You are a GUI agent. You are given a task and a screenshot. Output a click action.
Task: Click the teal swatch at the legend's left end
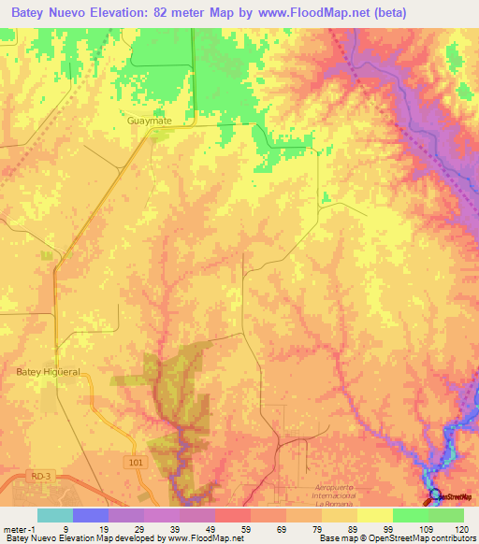pos(55,515)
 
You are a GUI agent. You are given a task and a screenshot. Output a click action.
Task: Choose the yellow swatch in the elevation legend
pos(375,515)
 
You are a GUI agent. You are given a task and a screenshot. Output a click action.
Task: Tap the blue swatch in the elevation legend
pos(91,515)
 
